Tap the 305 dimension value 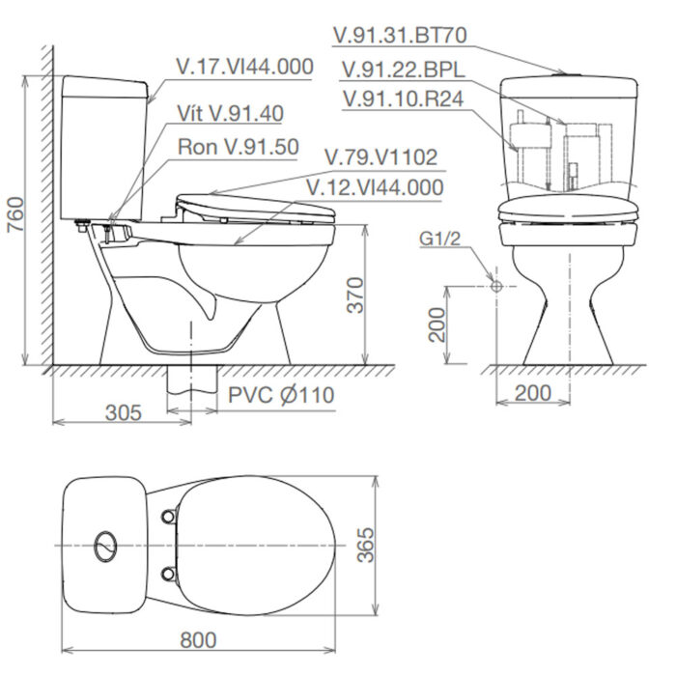123,412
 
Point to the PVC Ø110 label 281,395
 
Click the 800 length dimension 197,639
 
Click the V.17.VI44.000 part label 245,67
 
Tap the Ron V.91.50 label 239,147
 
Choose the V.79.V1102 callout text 380,156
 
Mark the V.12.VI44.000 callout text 374,186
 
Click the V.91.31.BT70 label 400,36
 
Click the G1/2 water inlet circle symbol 494,286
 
